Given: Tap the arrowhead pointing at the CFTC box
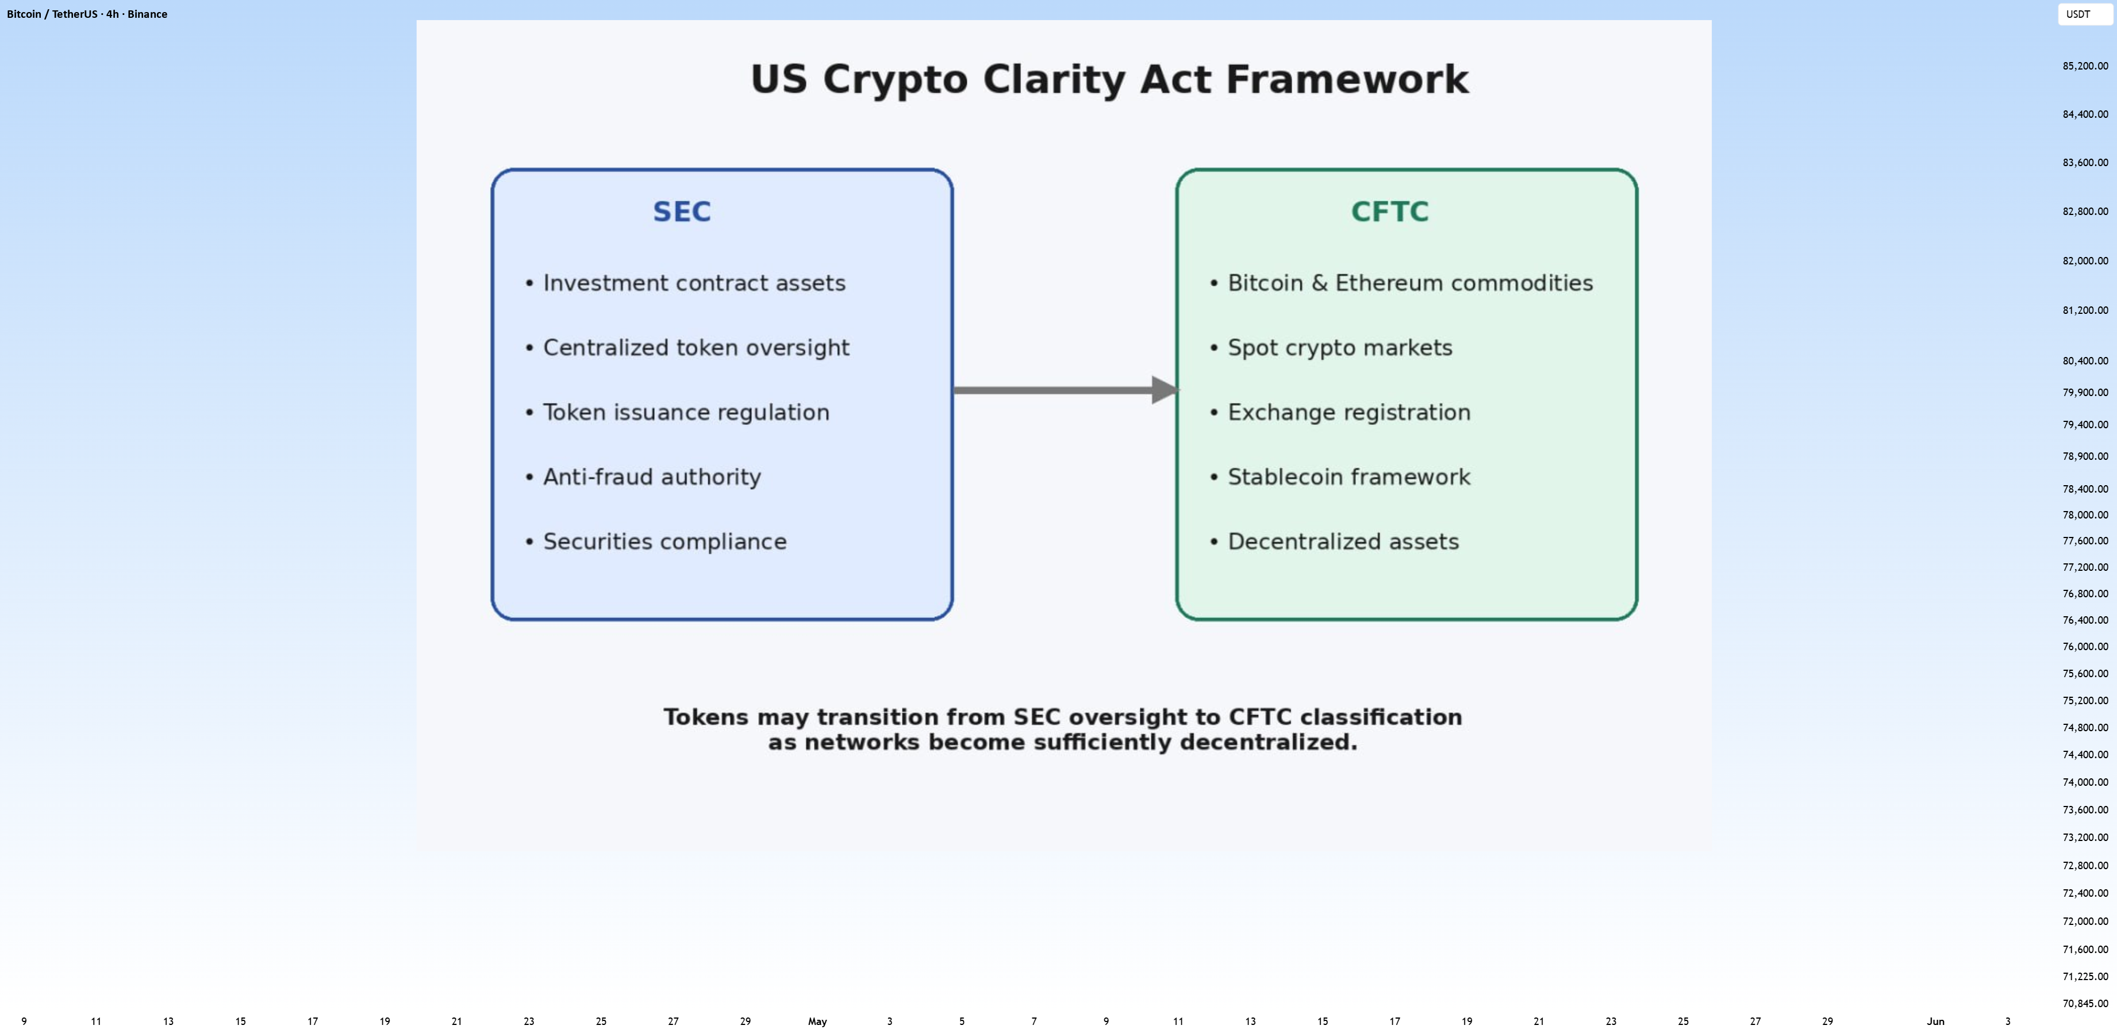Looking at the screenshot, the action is pyautogui.click(x=1165, y=390).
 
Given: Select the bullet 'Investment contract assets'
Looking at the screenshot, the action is pyautogui.click(x=685, y=283).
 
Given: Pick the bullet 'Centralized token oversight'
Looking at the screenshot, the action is pyautogui.click(x=687, y=348).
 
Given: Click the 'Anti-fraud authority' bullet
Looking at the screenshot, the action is pyautogui.click(x=643, y=477).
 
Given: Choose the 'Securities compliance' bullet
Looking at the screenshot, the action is pyautogui.click(x=656, y=542).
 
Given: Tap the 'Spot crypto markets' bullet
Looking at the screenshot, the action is pyautogui.click(x=1331, y=348).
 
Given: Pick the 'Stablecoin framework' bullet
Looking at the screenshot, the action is pyautogui.click(x=1339, y=477).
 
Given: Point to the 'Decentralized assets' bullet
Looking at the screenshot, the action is pyautogui.click(x=1334, y=542).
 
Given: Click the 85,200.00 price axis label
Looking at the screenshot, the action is pyautogui.click(x=2085, y=66).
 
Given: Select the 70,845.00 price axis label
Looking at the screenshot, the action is pyautogui.click(x=2085, y=1004).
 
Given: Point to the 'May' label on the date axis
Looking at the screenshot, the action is pyautogui.click(x=817, y=1022).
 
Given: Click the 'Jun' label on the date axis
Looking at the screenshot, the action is pyautogui.click(x=1935, y=1022).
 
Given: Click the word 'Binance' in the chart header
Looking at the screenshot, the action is pyautogui.click(x=147, y=14).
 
